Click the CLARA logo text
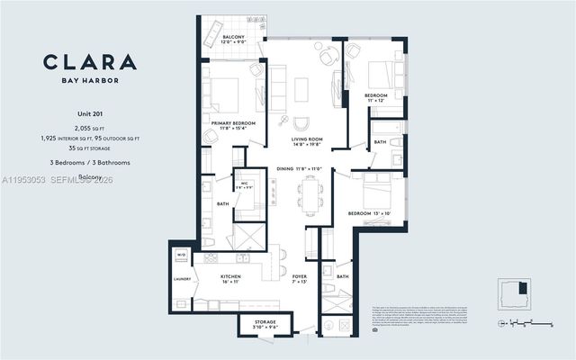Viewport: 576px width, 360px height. [89, 62]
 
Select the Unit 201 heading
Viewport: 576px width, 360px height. [89, 114]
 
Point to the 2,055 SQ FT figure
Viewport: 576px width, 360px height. [89, 129]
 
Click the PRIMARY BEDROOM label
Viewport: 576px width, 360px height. [233, 126]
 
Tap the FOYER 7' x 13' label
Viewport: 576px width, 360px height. [298, 279]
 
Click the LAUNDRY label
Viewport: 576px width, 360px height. [183, 279]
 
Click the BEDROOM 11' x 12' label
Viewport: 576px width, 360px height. [375, 97]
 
